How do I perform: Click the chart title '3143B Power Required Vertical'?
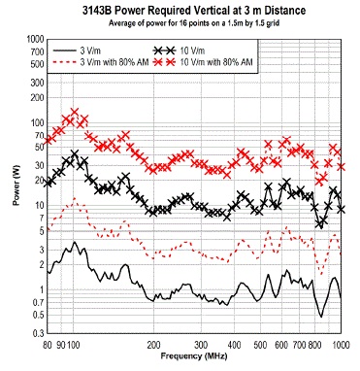tap(180, 9)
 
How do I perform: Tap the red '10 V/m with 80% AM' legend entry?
tap(224, 60)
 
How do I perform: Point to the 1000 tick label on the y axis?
tap(34, 39)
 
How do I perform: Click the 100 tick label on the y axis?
tap(36, 122)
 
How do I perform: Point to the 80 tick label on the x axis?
tap(46, 345)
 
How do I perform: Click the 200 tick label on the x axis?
tap(153, 345)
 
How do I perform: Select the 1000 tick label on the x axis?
tap(340, 345)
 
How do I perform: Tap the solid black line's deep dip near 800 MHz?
tap(320, 316)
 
